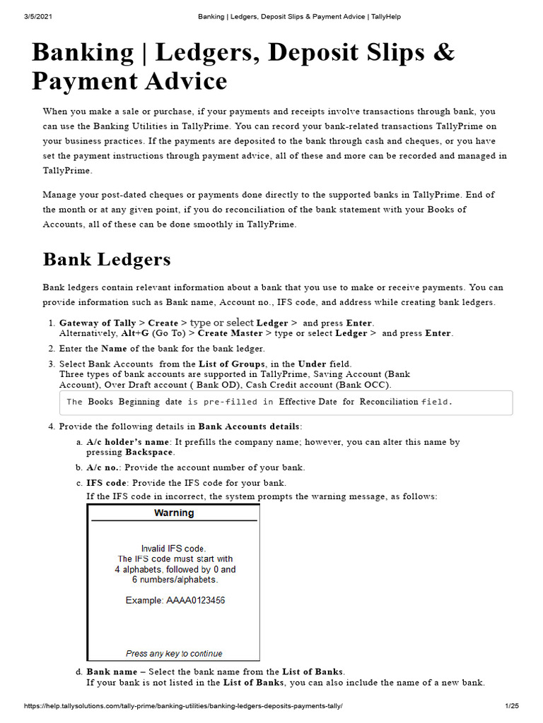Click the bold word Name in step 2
click(x=114, y=349)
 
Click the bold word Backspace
click(x=149, y=452)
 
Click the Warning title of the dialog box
click(x=174, y=513)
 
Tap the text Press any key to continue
click(x=174, y=654)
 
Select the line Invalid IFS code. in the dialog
click(x=174, y=549)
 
